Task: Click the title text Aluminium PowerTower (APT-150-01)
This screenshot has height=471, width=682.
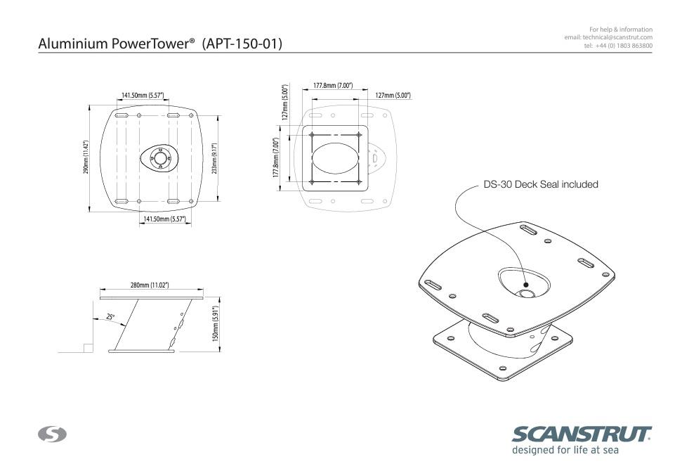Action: tap(160, 44)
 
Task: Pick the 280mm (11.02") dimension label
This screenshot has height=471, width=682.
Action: tap(150, 285)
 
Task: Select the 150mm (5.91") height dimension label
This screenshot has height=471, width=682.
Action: tap(216, 324)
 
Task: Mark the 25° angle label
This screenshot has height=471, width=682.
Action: tap(110, 317)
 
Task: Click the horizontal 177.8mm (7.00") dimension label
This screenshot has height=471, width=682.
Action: tap(333, 86)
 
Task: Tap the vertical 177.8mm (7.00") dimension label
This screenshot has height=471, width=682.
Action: tap(276, 157)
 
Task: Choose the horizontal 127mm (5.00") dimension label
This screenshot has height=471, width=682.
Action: tap(393, 95)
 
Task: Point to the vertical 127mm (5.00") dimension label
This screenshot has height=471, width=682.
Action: tap(285, 103)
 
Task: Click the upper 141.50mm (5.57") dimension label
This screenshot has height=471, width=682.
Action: tap(143, 95)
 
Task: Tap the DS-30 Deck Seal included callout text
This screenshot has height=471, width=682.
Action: tap(541, 184)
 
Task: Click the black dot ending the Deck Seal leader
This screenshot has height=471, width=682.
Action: tap(526, 285)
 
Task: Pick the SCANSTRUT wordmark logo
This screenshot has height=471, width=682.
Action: tap(582, 434)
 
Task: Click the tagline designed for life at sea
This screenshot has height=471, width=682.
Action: tap(565, 451)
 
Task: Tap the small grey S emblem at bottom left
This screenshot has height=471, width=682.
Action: tap(52, 434)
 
